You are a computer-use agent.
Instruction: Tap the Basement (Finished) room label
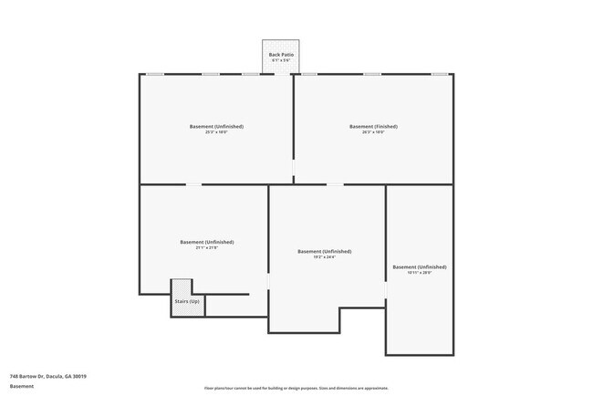(373, 126)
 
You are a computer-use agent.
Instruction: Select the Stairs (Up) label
(187, 301)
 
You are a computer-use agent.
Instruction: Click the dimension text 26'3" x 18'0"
(373, 132)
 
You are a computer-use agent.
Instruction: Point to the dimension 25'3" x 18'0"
(216, 132)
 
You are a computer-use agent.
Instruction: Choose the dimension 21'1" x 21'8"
(206, 248)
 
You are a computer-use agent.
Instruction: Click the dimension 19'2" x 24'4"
(324, 257)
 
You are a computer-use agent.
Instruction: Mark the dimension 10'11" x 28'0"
(419, 273)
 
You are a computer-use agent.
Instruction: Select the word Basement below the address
(22, 386)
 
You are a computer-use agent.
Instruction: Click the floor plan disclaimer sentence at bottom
(296, 388)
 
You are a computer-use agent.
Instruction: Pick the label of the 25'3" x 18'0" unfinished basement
(216, 126)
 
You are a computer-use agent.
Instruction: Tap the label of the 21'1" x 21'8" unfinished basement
(206, 242)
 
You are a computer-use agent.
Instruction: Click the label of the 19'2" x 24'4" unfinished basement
(324, 251)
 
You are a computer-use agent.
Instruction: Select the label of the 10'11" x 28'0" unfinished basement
(419, 266)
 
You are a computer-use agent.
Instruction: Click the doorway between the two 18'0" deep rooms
(293, 170)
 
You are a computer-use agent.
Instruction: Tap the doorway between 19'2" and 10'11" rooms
(386, 290)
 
